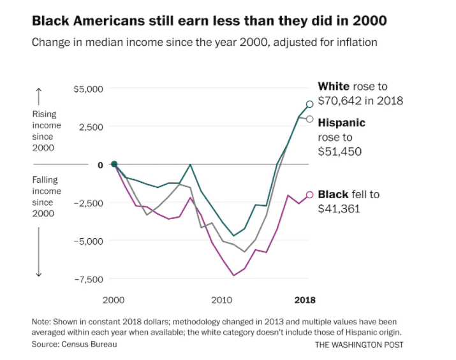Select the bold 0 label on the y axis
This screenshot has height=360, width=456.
[100, 165]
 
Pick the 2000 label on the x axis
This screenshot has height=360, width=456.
[114, 300]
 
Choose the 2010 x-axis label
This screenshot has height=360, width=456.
[222, 300]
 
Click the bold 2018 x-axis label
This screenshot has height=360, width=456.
[304, 300]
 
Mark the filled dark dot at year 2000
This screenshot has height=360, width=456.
[114, 164]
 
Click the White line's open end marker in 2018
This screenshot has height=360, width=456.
[310, 104]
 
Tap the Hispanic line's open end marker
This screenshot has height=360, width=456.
[310, 119]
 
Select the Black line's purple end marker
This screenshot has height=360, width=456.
[310, 195]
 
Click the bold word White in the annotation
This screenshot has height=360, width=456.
[333, 87]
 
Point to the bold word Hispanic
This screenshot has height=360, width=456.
[341, 123]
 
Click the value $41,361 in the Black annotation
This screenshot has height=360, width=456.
[339, 208]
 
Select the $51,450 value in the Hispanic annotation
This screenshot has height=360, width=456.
[339, 152]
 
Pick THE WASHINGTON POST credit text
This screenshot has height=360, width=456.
[359, 345]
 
